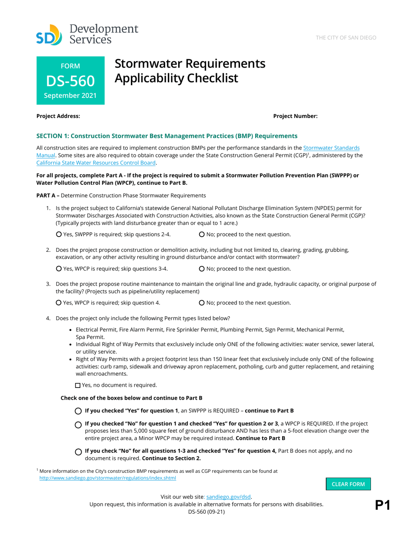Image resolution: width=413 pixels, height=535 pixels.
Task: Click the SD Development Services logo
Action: pyautogui.click(x=87, y=34)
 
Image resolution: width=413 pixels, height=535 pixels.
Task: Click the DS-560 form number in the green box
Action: pyautogui.click(x=70, y=81)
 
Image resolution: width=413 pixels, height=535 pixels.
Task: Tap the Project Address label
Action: pyautogui.click(x=58, y=116)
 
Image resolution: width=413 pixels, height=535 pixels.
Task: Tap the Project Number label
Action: pyautogui.click(x=295, y=116)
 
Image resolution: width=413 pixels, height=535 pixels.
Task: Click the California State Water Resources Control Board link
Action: pyautogui.click(x=96, y=163)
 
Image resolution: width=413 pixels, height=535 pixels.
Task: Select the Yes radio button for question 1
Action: pyautogui.click(x=59, y=235)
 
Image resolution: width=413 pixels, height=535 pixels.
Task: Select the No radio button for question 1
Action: pyautogui.click(x=201, y=235)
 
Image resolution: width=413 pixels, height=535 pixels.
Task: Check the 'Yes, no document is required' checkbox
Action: pyautogui.click(x=78, y=385)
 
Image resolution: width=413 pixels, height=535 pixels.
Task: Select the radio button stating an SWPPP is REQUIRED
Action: pyautogui.click(x=78, y=411)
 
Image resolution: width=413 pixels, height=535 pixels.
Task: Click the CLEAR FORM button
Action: pyautogui.click(x=348, y=484)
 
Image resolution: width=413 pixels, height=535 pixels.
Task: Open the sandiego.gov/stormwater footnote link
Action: pyautogui.click(x=108, y=478)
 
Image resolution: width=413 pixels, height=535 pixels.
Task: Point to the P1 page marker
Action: pyautogui.click(x=383, y=505)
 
